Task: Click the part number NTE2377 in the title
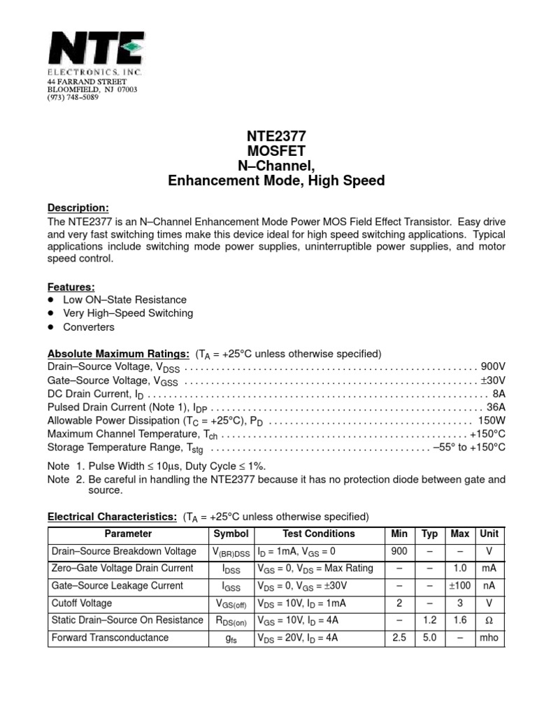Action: point(276,136)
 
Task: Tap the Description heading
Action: point(78,208)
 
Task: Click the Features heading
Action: point(71,287)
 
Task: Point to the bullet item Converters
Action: point(89,327)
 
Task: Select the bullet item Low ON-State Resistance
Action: point(125,299)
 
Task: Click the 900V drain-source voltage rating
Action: point(492,366)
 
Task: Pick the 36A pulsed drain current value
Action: point(495,407)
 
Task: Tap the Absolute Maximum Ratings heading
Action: point(118,353)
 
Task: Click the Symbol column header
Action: point(231,534)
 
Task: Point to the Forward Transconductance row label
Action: point(110,637)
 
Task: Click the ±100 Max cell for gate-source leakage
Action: point(459,586)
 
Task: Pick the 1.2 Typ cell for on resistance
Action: point(430,620)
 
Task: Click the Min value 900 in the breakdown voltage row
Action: point(399,551)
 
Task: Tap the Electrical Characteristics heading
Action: point(112,517)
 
